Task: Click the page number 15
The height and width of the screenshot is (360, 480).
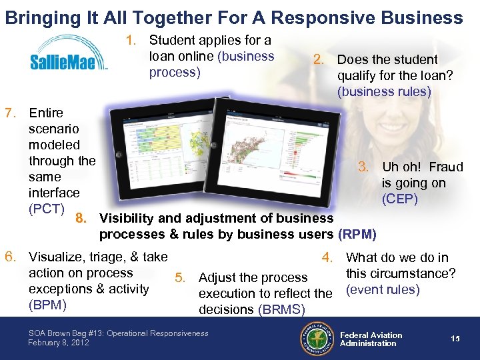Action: [455, 339]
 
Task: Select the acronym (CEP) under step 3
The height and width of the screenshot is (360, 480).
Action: [399, 199]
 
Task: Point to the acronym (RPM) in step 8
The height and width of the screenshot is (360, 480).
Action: [357, 234]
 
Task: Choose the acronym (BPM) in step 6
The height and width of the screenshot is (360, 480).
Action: [46, 305]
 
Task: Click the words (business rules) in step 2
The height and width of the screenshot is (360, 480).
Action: [384, 91]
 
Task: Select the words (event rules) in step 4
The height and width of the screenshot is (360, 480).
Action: [382, 289]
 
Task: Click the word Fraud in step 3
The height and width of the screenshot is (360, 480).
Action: [446, 167]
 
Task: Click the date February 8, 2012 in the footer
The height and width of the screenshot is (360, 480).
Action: [59, 343]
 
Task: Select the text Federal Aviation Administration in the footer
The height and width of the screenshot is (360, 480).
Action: [371, 339]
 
